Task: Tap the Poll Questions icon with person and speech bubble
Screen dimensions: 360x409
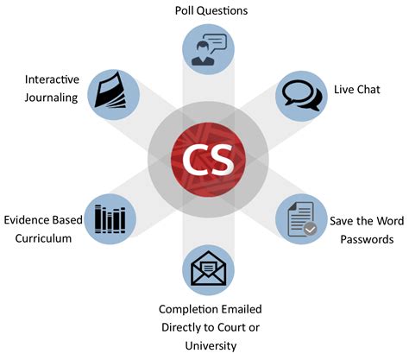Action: point(205,47)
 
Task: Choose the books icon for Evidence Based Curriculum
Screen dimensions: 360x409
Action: point(110,220)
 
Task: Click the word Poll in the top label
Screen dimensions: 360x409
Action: point(179,10)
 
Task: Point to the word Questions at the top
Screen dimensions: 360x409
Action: point(217,10)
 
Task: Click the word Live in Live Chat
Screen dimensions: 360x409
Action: point(346,90)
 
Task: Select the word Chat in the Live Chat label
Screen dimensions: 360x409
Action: point(374,90)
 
